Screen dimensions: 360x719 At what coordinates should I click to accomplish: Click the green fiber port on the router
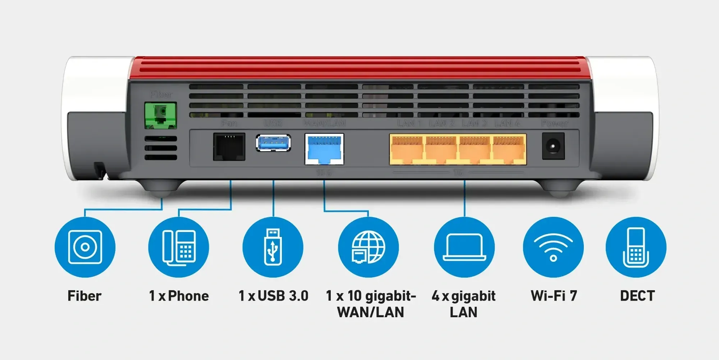pyautogui.click(x=160, y=115)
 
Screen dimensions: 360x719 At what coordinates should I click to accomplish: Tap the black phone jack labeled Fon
pyautogui.click(x=229, y=147)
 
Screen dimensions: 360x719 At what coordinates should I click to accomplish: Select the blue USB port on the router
pyautogui.click(x=273, y=143)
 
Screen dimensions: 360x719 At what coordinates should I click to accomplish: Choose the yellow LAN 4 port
pyautogui.click(x=509, y=149)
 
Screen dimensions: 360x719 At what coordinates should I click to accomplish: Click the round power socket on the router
pyautogui.click(x=553, y=146)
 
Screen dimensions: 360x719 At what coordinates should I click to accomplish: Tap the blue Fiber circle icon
pyautogui.click(x=85, y=247)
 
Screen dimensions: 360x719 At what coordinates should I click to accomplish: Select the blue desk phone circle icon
pyautogui.click(x=179, y=247)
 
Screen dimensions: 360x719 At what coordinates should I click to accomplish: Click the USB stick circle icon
pyautogui.click(x=273, y=247)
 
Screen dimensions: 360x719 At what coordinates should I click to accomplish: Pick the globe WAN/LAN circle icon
pyautogui.click(x=368, y=247)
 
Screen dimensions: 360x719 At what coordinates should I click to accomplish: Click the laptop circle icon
pyautogui.click(x=464, y=247)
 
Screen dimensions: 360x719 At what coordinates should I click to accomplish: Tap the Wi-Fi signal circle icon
pyautogui.click(x=553, y=247)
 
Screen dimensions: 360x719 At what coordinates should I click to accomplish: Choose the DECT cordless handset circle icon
pyautogui.click(x=636, y=247)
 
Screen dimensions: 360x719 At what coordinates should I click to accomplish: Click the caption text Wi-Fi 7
pyautogui.click(x=554, y=296)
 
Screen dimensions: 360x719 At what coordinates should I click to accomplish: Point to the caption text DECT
pyautogui.click(x=637, y=296)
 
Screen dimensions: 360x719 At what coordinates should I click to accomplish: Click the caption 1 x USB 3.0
pyautogui.click(x=274, y=296)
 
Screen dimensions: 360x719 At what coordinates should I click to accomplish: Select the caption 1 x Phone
pyautogui.click(x=179, y=296)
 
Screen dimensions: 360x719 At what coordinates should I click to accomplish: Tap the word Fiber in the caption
pyautogui.click(x=84, y=296)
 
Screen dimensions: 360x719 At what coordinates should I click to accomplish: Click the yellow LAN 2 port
pyautogui.click(x=441, y=149)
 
